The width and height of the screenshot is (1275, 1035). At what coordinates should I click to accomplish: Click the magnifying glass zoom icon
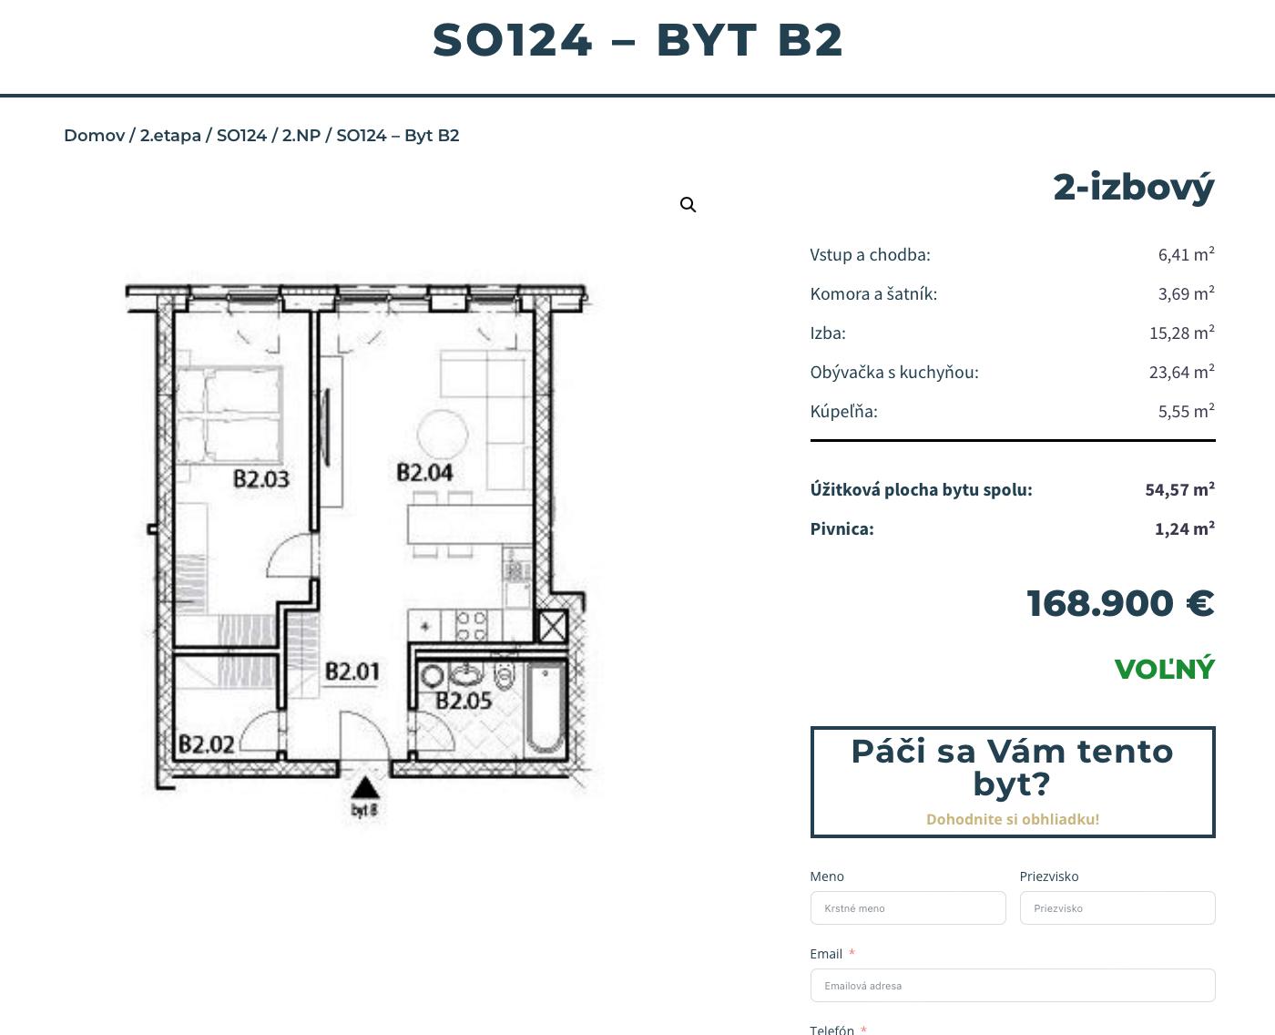coord(688,205)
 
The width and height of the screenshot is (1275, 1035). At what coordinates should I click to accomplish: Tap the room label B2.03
coord(261,479)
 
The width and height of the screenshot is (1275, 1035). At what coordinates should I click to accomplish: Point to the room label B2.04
coord(424,473)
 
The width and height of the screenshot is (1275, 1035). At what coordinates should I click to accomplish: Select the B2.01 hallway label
coord(352,671)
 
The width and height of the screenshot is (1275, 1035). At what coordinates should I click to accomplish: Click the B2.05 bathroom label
coord(464,701)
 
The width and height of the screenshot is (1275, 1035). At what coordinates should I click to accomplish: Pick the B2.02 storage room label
coord(207,744)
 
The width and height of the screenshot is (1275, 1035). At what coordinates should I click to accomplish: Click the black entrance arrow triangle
coord(365,788)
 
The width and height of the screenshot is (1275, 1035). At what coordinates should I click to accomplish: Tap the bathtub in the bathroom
coord(546,708)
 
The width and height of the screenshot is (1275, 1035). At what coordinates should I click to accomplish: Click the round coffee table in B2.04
coord(443,435)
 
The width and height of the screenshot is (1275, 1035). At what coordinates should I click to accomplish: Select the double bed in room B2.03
coord(229,415)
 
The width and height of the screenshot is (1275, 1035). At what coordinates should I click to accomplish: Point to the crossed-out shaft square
coord(553,626)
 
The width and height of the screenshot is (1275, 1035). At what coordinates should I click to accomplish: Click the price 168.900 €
coord(1120,603)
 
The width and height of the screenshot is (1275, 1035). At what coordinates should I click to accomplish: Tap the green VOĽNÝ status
coord(1165,668)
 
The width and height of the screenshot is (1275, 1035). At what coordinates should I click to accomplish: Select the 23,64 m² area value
coord(1181,372)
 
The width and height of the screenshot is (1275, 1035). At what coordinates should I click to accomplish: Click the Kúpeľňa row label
coord(843,411)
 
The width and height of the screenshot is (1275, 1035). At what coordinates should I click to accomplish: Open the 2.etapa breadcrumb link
coord(170,135)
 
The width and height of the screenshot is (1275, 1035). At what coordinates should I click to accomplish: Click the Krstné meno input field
coord(908,908)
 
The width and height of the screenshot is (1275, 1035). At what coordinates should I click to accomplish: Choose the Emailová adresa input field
coord(1013,985)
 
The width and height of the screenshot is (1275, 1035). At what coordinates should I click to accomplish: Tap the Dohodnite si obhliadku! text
coord(1013,819)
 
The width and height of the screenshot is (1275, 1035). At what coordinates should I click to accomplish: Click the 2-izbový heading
coord(1134,188)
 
